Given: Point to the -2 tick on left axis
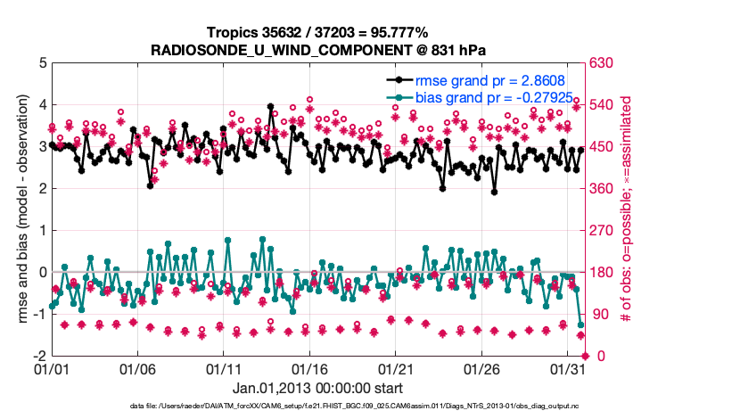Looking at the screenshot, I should pyautogui.click(x=39, y=356).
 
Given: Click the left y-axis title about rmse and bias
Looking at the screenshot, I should pyautogui.click(x=20, y=209).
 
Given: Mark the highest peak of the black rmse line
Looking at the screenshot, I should pyautogui.click(x=270, y=106).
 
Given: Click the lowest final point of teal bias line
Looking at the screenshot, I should pyautogui.click(x=580, y=325).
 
